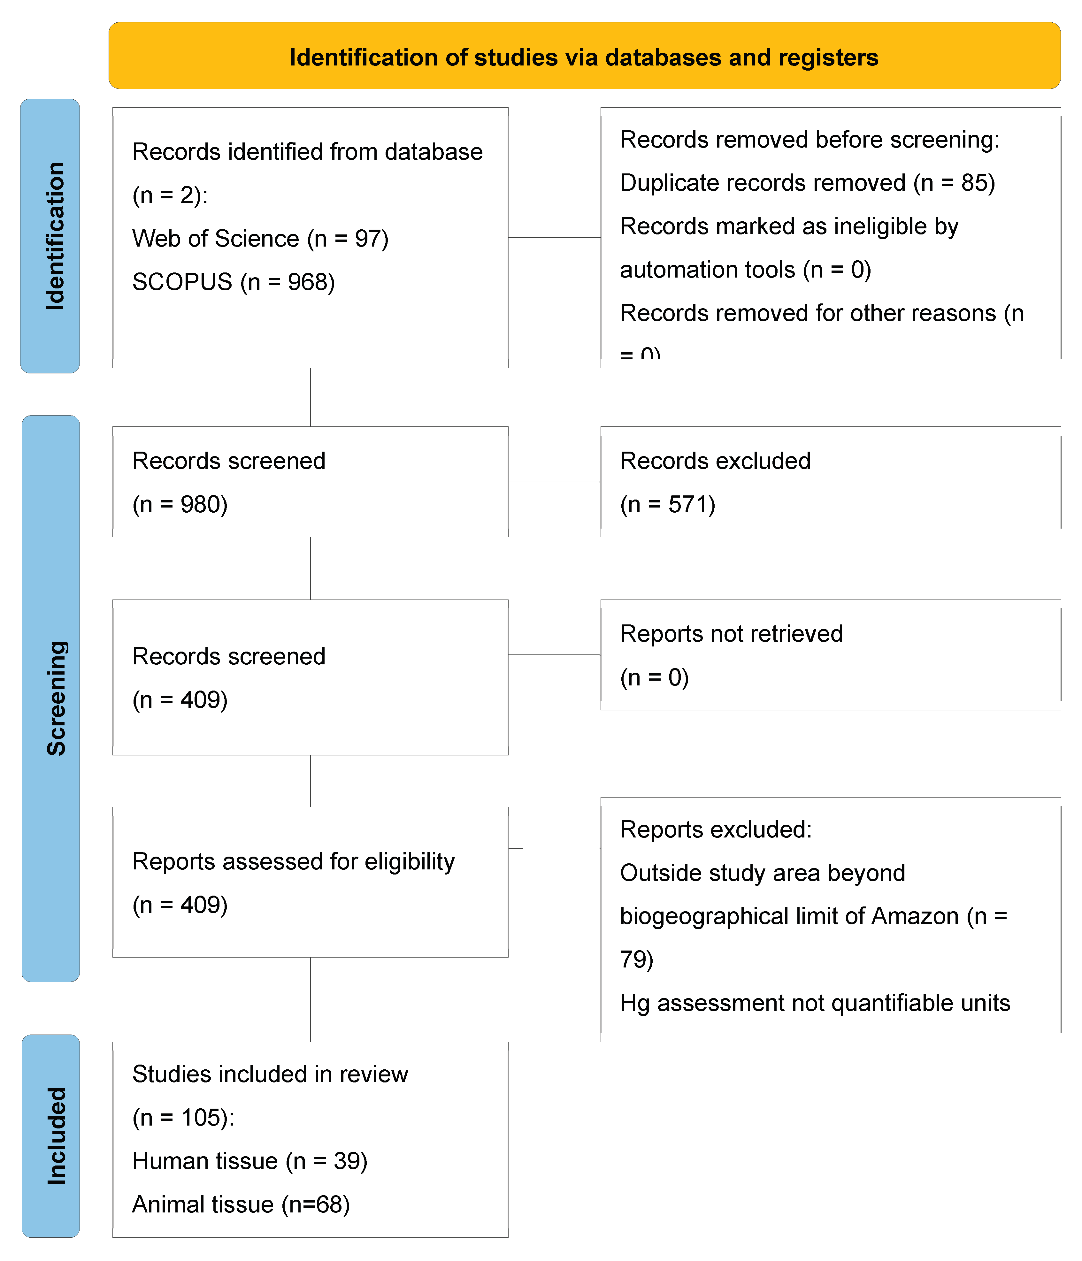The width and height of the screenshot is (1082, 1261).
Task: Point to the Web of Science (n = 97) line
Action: (x=260, y=239)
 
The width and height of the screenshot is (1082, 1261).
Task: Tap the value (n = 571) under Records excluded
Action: (x=668, y=505)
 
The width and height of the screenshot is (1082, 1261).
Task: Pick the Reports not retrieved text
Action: (x=731, y=634)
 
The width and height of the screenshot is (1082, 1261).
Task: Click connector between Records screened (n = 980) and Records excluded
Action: (x=554, y=482)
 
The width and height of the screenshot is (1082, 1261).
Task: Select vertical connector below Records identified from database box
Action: (x=311, y=397)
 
